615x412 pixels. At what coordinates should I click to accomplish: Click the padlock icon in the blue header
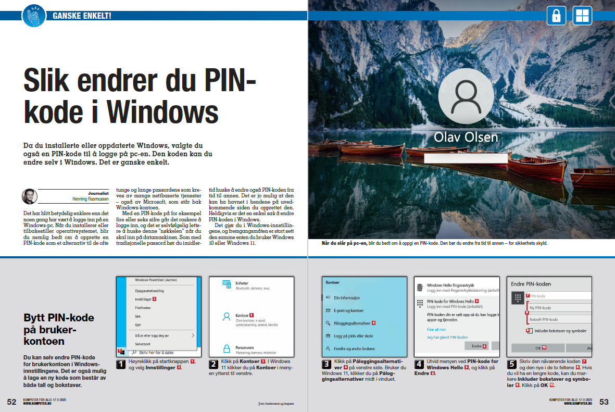tap(556, 16)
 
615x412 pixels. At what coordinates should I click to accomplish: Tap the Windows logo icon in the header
tap(582, 16)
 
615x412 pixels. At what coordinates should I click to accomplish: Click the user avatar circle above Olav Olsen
tap(466, 96)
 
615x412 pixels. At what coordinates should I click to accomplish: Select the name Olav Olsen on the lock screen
tap(466, 138)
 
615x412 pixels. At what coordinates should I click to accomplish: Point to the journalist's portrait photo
tap(29, 196)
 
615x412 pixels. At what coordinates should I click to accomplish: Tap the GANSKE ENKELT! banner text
tap(82, 16)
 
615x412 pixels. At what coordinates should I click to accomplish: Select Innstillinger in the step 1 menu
tap(143, 299)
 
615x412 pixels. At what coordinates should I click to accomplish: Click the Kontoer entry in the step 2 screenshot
tap(242, 315)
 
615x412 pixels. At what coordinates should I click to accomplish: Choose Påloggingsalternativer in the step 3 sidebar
tap(355, 323)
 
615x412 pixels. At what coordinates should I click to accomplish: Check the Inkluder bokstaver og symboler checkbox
tap(530, 331)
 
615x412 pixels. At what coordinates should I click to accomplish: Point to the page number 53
tap(604, 402)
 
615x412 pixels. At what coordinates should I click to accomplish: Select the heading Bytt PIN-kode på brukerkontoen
tap(59, 329)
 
